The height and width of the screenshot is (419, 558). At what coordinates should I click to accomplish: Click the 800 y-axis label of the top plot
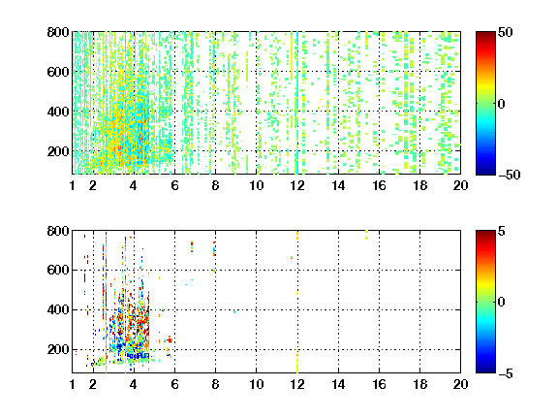[58, 32]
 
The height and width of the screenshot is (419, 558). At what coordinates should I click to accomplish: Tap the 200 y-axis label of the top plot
[58, 151]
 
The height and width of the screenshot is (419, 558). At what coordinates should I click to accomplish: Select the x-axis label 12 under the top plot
[297, 185]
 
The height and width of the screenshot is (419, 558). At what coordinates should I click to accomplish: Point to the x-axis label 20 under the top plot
[460, 185]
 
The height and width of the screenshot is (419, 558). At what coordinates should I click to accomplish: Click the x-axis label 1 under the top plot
[73, 185]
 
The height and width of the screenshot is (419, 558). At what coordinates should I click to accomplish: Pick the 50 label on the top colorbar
[505, 32]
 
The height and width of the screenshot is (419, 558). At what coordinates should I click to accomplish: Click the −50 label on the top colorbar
[510, 175]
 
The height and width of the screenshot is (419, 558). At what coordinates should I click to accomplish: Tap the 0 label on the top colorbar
[502, 104]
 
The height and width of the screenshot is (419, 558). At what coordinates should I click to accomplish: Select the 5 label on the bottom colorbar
[502, 231]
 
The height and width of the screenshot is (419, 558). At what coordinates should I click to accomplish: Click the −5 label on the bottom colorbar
[506, 373]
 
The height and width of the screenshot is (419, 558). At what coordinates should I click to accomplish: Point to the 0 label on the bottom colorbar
[502, 303]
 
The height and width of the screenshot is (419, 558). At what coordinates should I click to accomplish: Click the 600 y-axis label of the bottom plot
[58, 270]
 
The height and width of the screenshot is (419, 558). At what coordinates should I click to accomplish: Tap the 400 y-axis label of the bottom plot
[58, 309]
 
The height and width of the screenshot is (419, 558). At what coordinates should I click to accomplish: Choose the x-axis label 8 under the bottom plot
[215, 384]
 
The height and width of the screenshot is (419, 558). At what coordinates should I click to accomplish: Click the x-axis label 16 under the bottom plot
[379, 384]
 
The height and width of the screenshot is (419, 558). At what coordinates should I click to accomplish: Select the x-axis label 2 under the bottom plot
[93, 384]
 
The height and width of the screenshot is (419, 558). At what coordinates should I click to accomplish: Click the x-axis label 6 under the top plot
[174, 185]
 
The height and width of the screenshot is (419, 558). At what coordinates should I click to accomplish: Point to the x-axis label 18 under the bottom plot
[419, 384]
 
